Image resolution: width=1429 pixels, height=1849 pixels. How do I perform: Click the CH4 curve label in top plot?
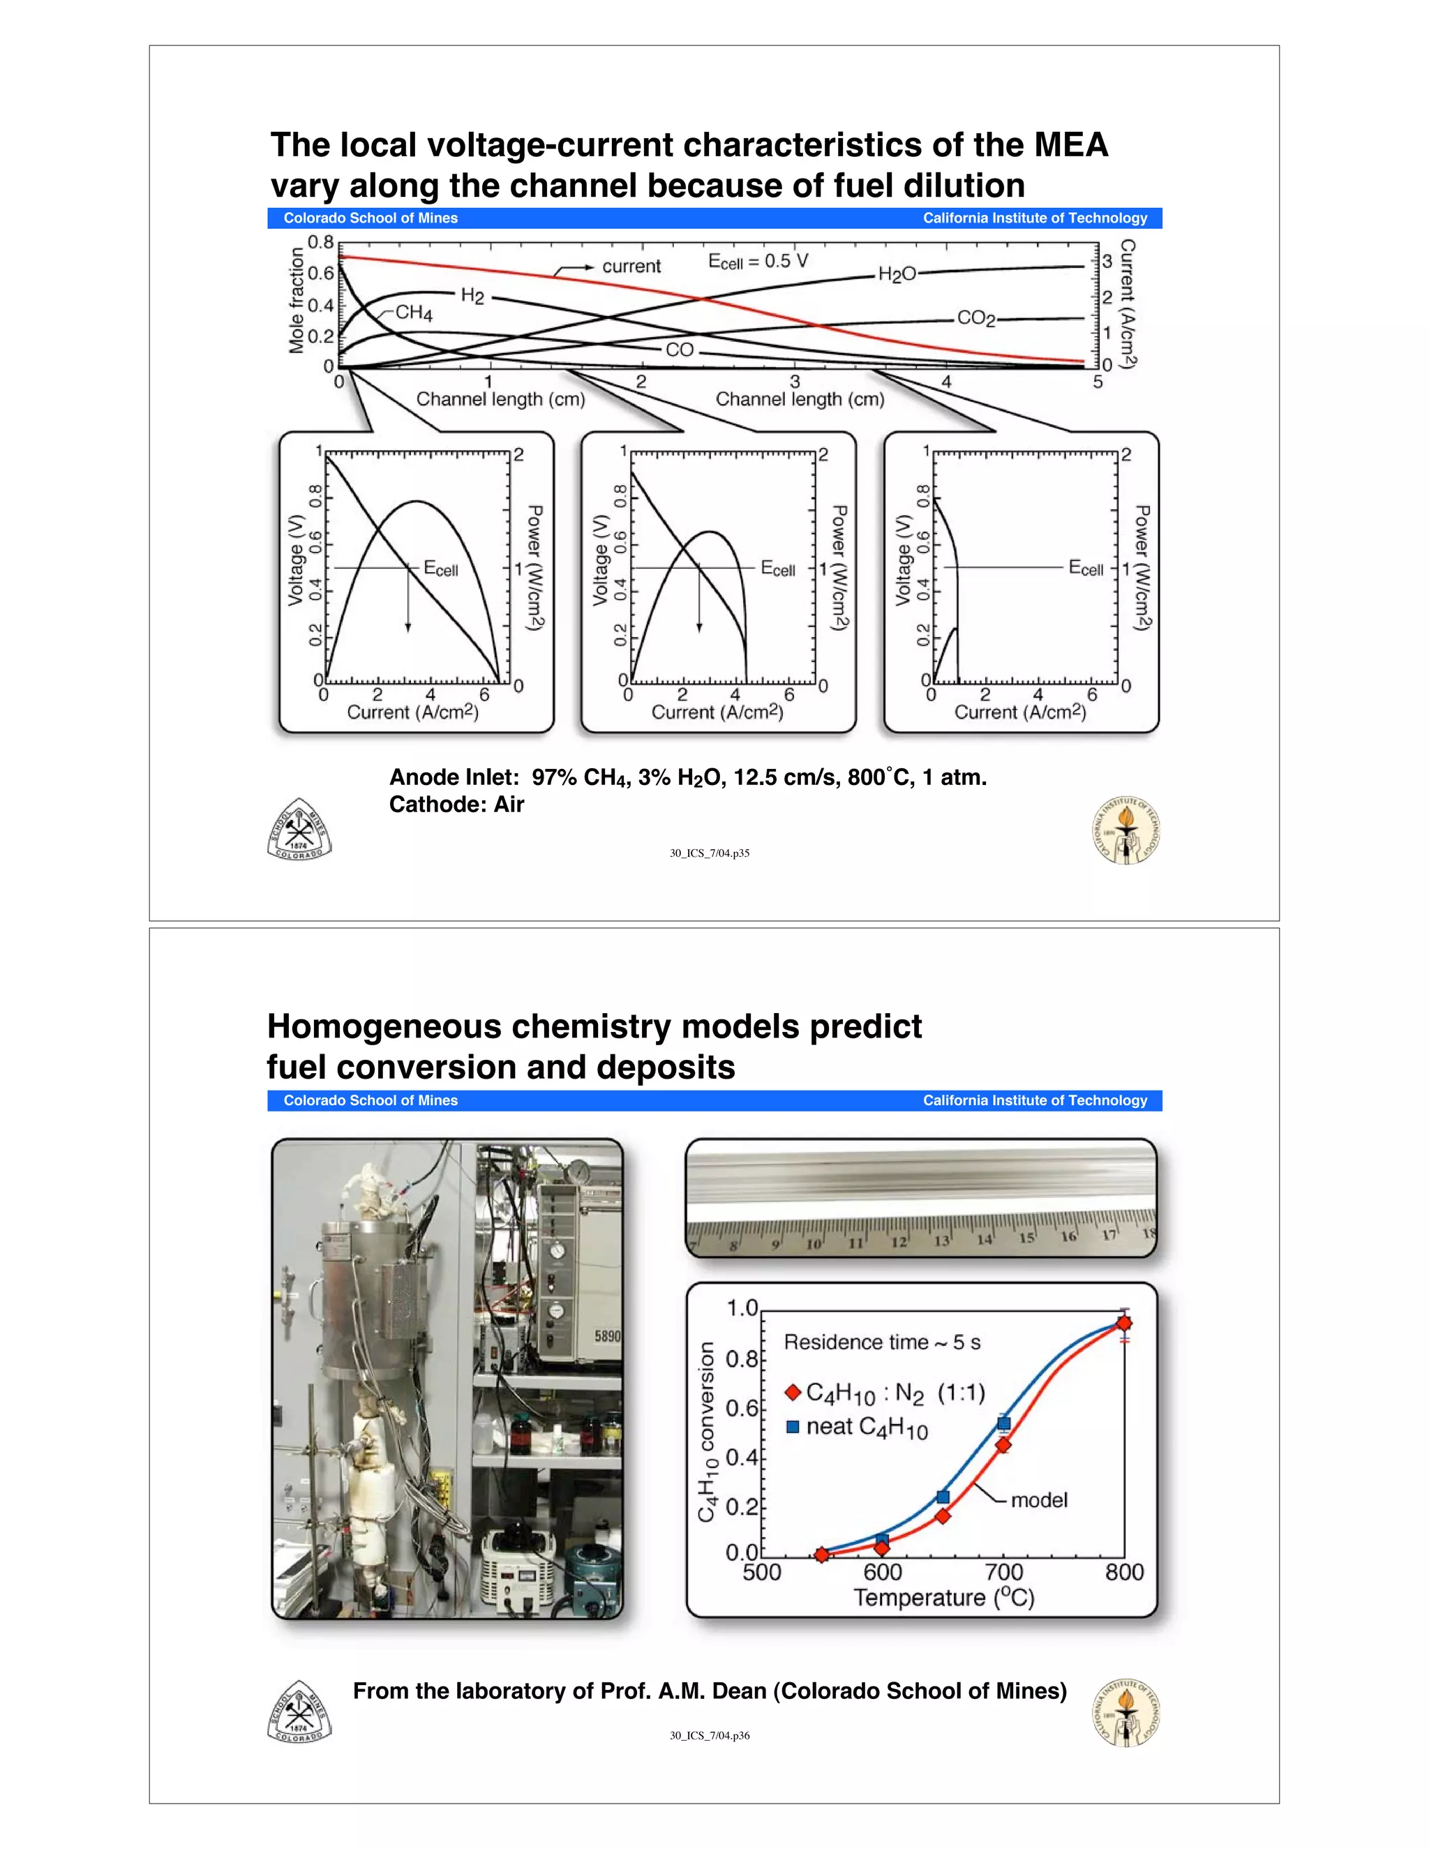(413, 313)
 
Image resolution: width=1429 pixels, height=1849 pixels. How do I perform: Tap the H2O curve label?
(897, 274)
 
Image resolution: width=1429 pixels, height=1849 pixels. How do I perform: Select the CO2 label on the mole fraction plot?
(976, 318)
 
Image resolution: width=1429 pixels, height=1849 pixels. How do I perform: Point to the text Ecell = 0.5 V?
(758, 262)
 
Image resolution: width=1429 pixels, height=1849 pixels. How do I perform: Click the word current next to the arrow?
(631, 266)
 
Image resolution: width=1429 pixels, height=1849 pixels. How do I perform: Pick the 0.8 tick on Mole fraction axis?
(321, 242)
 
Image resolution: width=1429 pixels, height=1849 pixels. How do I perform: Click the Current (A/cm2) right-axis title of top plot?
(1128, 304)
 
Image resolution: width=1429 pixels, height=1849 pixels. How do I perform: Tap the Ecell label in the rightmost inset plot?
(1086, 567)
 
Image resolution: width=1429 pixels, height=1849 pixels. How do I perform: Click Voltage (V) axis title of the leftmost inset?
(295, 560)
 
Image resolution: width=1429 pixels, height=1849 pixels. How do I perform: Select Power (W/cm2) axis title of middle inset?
(839, 568)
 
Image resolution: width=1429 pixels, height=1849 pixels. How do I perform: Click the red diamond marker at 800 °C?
(1124, 1323)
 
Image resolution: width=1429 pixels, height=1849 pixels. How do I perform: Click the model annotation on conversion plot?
(1039, 1500)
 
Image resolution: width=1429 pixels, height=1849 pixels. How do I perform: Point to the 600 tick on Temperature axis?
(882, 1572)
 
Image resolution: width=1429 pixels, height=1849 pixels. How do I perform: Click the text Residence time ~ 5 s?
(881, 1342)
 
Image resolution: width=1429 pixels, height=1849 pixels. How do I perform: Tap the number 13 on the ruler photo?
(941, 1241)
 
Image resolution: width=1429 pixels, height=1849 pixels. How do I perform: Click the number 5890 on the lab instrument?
(607, 1336)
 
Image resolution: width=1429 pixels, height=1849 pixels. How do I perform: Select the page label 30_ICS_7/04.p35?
(710, 853)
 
